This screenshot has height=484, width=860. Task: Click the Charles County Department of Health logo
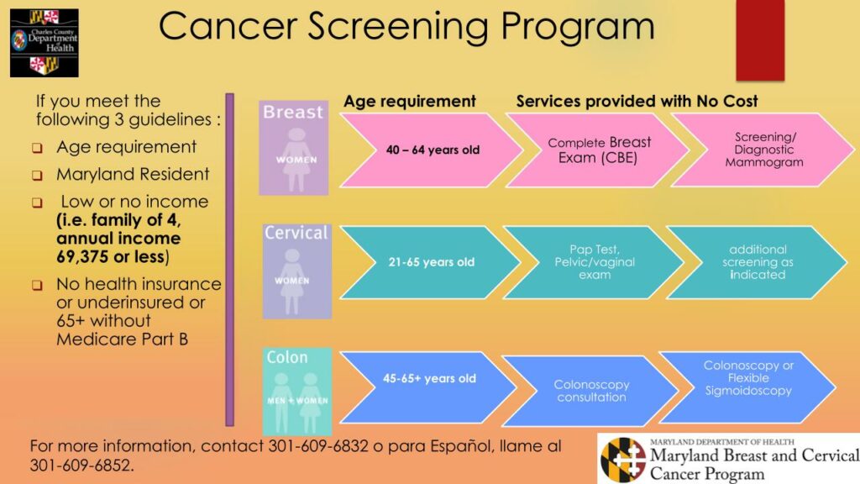point(44,42)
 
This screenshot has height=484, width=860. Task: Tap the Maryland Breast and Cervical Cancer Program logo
point(728,458)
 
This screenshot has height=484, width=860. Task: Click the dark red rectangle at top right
point(759,40)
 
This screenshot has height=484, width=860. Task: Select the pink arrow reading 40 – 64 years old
point(428,150)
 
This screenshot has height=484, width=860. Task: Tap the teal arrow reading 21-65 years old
point(428,262)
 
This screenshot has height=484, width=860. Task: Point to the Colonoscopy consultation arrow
point(590,391)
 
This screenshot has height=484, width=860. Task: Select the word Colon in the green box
point(287,358)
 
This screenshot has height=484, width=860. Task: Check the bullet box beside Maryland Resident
point(38,176)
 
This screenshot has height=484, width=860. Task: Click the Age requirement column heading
point(410,102)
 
